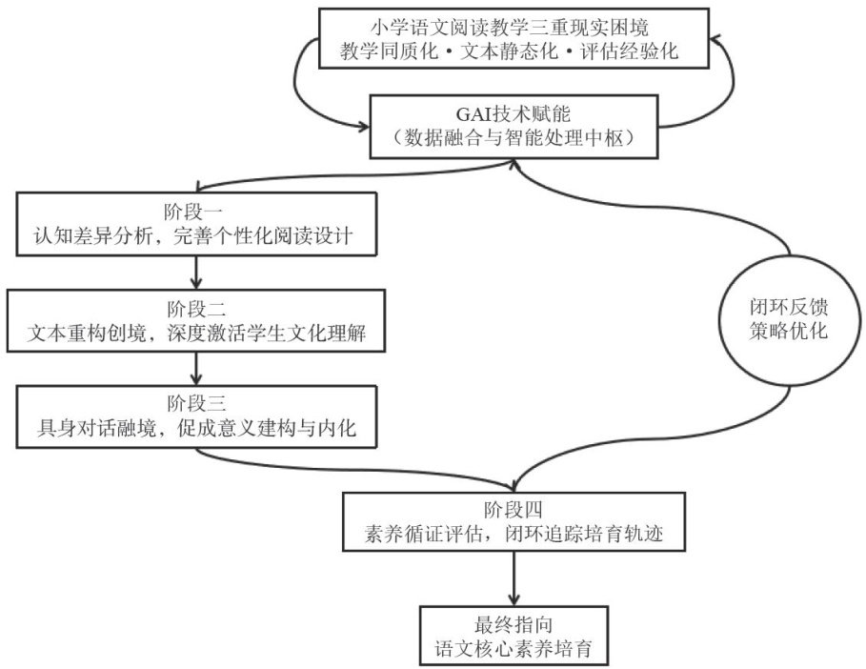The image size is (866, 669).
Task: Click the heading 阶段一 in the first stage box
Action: (193, 213)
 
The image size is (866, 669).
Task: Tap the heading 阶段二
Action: (196, 310)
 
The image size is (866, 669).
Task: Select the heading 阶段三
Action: (196, 404)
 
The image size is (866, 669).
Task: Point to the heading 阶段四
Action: (514, 509)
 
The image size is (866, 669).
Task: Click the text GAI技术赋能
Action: (514, 113)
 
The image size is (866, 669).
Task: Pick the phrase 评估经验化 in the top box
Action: (630, 51)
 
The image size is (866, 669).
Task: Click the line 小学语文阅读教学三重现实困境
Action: (510, 27)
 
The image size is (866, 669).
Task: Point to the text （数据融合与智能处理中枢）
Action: (514, 137)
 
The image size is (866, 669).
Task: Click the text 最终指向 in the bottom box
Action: (514, 625)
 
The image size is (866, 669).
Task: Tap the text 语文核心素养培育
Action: (514, 649)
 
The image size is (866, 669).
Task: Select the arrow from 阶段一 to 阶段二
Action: (196, 273)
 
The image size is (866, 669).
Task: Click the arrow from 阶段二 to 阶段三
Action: (196, 369)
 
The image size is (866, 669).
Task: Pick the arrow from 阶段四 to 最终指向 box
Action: (514, 578)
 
